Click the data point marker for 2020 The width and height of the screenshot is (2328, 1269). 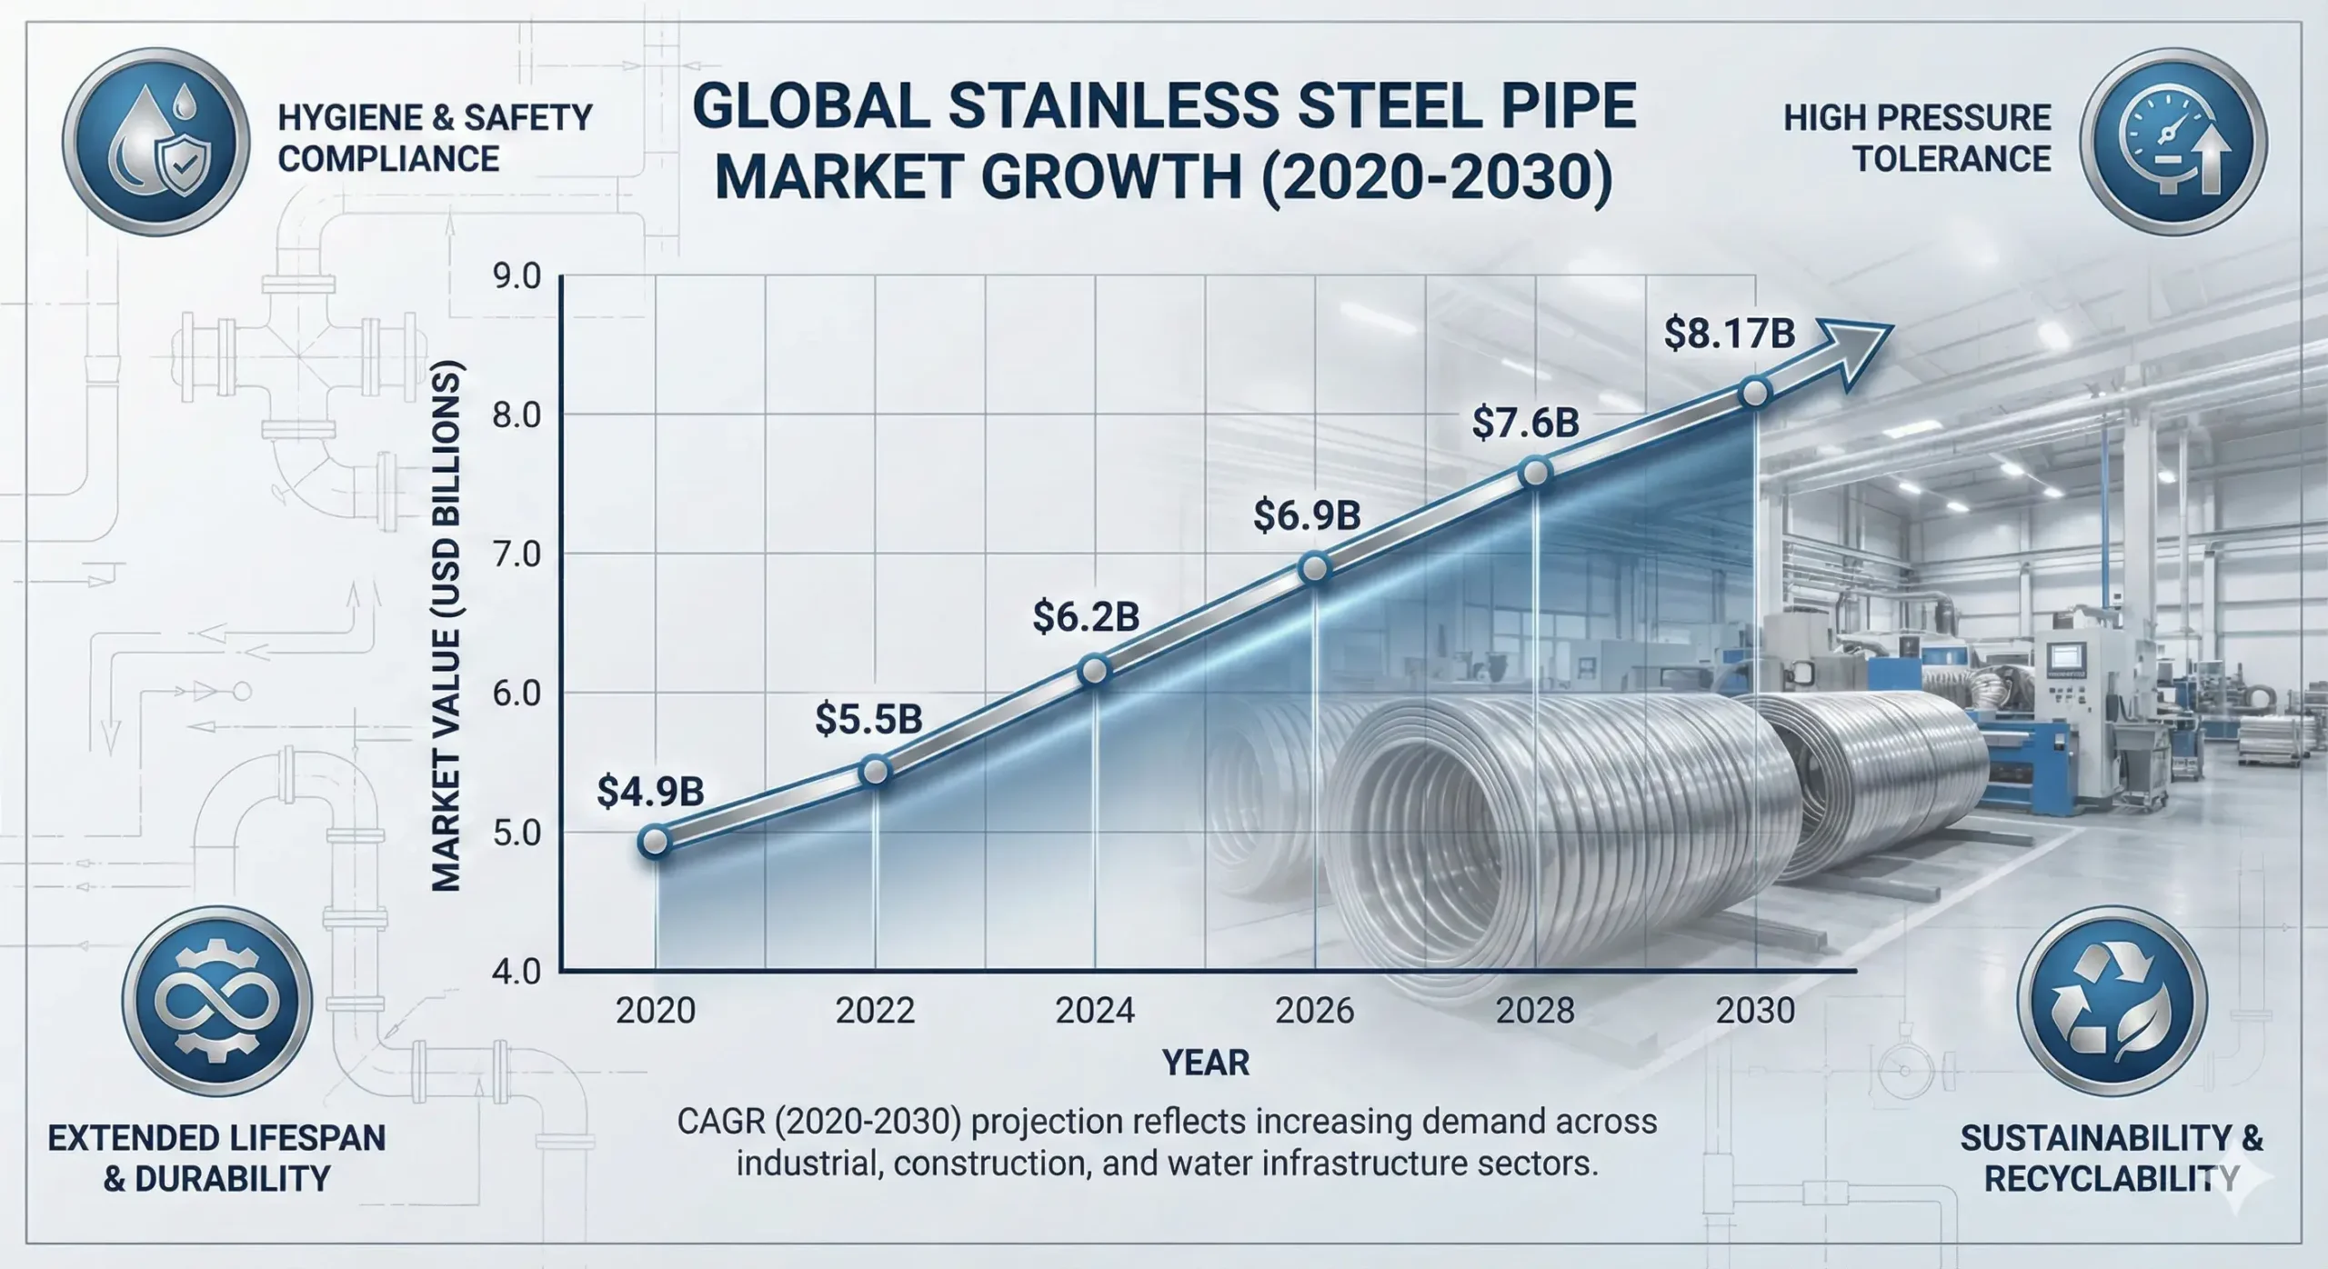point(655,841)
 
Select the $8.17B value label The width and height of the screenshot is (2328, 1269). point(1729,333)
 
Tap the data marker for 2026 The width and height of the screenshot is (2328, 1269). point(1315,570)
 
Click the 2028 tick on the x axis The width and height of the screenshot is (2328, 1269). point(1535,1011)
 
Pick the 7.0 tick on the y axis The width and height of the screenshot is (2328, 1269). point(517,555)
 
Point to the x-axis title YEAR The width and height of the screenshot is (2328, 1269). point(1206,1062)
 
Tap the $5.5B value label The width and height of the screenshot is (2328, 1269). point(868,718)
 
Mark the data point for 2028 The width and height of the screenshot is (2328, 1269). point(1535,473)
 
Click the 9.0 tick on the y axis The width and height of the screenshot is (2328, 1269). point(517,276)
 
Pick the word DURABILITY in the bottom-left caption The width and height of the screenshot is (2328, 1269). point(231,1179)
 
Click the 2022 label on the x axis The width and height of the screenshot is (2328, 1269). point(875,1011)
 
